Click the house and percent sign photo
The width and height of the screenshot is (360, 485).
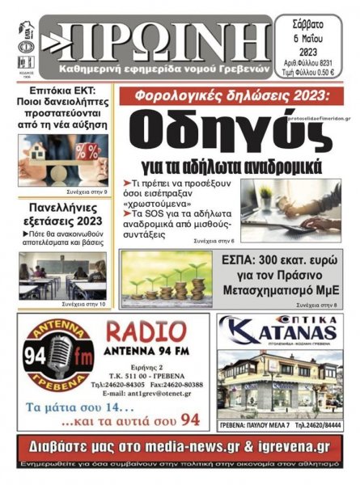[x=63, y=158]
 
